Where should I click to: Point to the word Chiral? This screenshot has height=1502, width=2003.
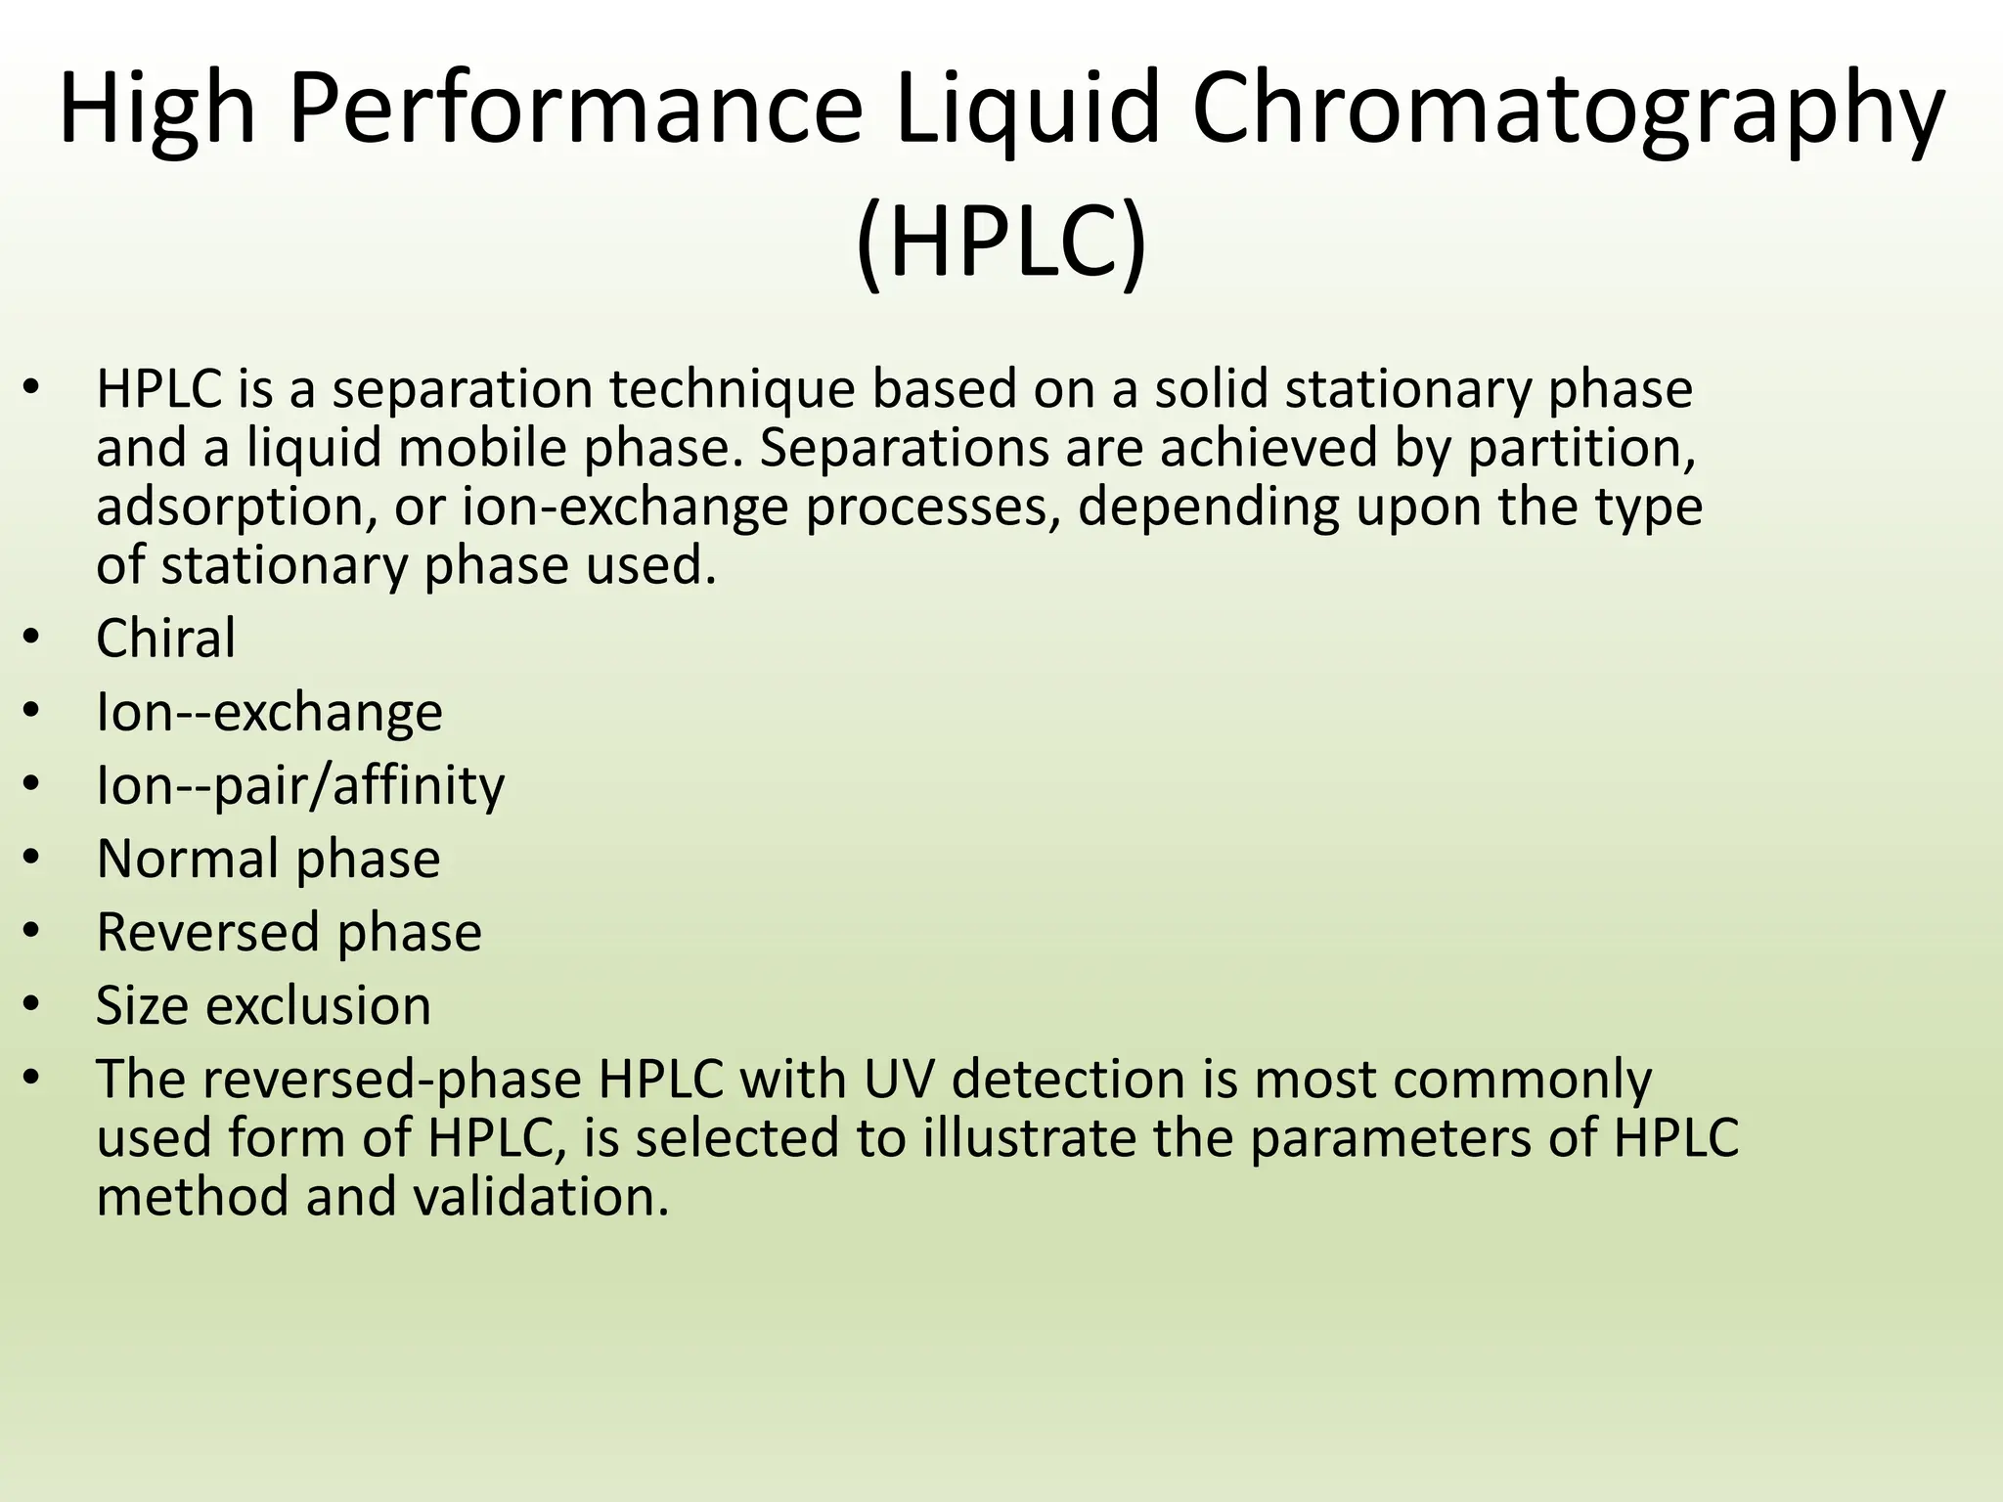165,639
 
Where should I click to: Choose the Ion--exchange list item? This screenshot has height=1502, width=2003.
269,712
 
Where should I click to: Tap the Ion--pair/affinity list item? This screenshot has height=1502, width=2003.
300,785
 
